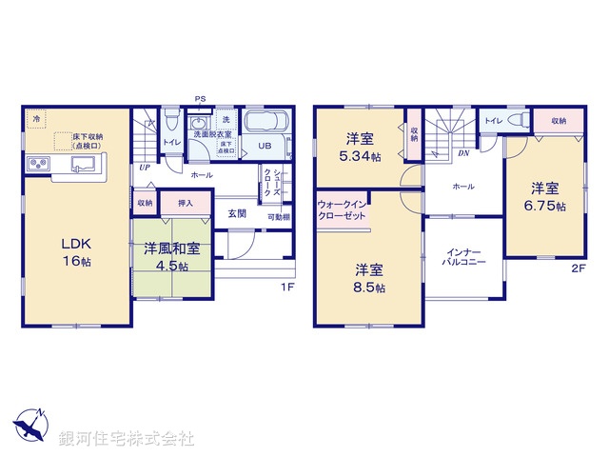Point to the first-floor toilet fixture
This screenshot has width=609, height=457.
[x=170, y=123]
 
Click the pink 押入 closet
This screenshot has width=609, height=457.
[x=186, y=203]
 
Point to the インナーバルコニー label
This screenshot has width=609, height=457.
[x=463, y=258]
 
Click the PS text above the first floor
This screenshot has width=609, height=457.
[x=200, y=98]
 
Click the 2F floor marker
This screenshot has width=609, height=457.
[x=579, y=268]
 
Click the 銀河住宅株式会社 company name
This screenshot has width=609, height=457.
[x=127, y=438]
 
